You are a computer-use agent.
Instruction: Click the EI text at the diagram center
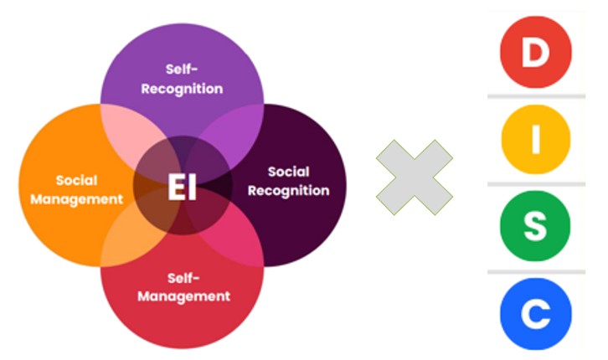click(x=182, y=188)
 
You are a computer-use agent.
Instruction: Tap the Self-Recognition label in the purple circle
click(x=182, y=78)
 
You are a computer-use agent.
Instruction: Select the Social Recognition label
click(x=288, y=181)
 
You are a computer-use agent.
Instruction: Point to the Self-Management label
click(x=183, y=287)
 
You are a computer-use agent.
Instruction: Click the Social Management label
click(x=77, y=189)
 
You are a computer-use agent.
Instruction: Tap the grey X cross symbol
click(x=415, y=179)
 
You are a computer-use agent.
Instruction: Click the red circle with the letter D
click(x=535, y=51)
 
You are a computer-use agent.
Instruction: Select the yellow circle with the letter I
click(x=535, y=139)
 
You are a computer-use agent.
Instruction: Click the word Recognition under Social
click(x=288, y=191)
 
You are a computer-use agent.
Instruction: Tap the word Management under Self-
click(x=183, y=296)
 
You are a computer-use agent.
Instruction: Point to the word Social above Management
click(x=77, y=180)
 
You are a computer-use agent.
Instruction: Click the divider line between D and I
click(x=536, y=96)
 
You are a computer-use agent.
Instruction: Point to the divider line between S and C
click(x=536, y=271)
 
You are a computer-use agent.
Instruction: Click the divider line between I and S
click(x=536, y=184)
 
